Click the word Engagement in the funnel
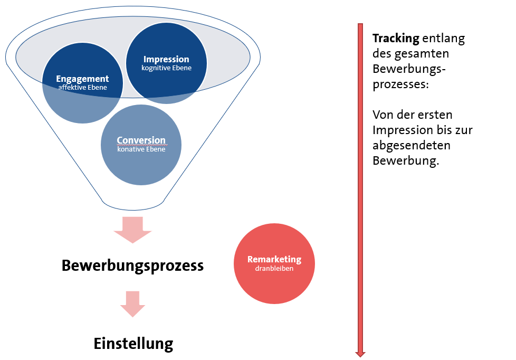[82, 79]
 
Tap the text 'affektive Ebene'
[82, 88]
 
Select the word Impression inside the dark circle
[166, 59]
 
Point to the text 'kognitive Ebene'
[166, 68]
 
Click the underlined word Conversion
[141, 140]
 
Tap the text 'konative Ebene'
[141, 149]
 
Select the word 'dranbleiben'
[274, 269]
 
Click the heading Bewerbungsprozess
[132, 265]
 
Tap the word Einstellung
[133, 344]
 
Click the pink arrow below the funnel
[132, 229]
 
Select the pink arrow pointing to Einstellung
[132, 304]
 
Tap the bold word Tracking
[396, 39]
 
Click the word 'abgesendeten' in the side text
[406, 145]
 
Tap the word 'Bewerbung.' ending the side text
[406, 160]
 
